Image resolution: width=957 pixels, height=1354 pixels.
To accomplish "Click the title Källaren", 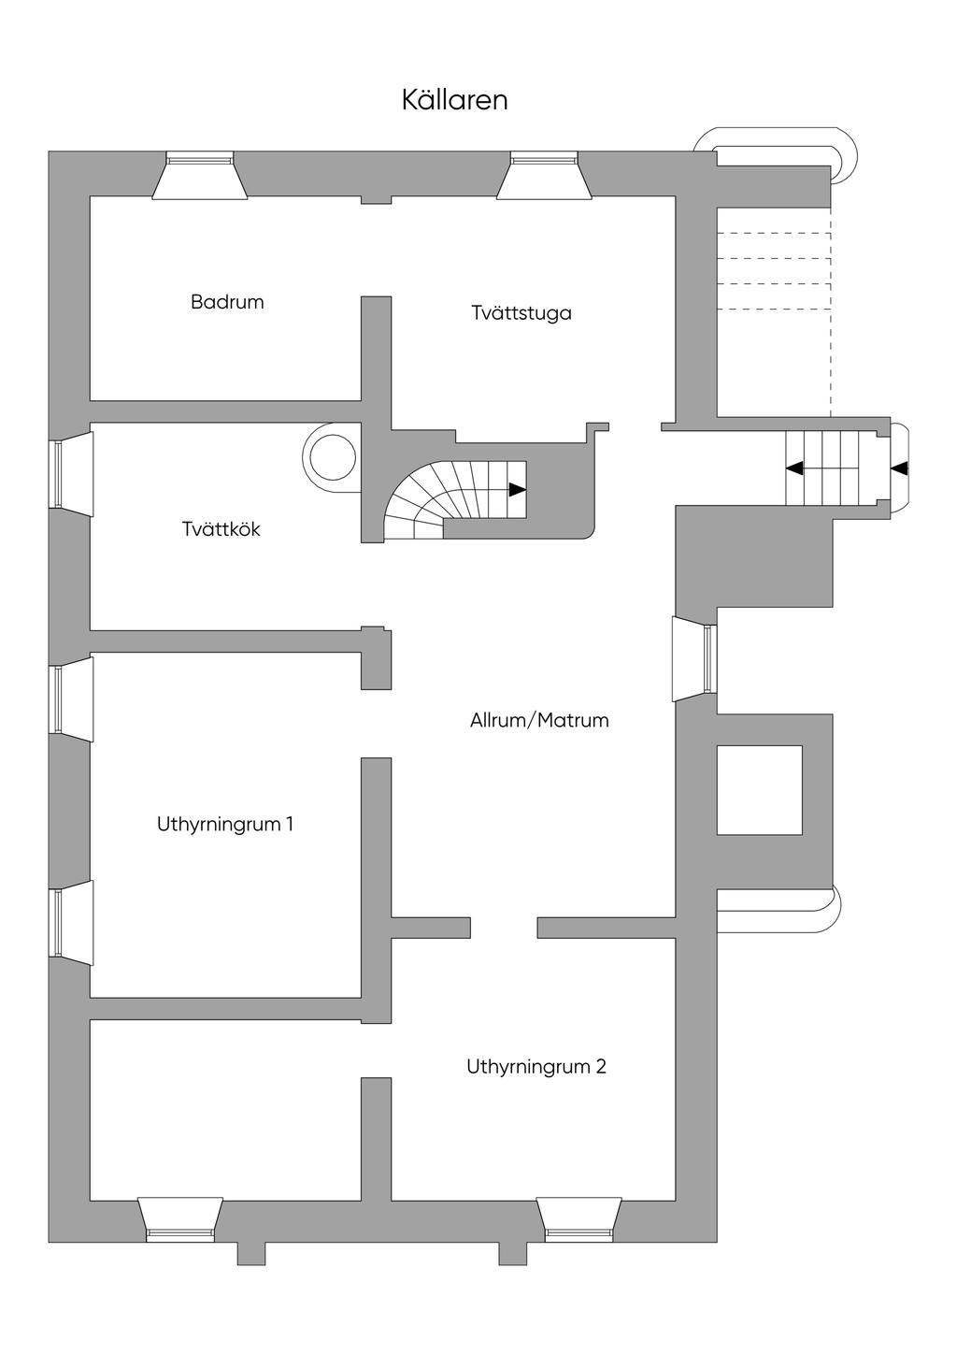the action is pos(454,100).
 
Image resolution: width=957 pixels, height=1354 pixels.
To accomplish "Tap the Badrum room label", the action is pos(227,302).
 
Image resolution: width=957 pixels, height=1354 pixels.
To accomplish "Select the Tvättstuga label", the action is pos(521,313).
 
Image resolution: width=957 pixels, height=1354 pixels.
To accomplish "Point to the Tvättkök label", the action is pos(221,529).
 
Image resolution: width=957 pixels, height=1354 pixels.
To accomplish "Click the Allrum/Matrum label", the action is pos(539,720).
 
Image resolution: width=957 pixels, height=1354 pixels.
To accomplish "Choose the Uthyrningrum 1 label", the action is pos(225,824).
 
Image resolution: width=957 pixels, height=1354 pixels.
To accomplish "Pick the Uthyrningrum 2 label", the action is pos(536,1066).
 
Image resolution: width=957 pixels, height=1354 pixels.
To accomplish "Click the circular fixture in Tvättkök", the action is pos(332,457).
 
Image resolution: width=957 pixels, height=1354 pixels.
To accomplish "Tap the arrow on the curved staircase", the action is pos(517,490).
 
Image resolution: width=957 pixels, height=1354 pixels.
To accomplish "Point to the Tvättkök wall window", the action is pos(71,473).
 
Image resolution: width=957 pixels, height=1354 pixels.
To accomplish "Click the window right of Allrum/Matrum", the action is pos(694,659).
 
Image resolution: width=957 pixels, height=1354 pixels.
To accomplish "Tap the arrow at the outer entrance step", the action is pos(900,468).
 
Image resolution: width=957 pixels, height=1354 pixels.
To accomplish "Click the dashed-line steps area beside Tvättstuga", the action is pos(774,312).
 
